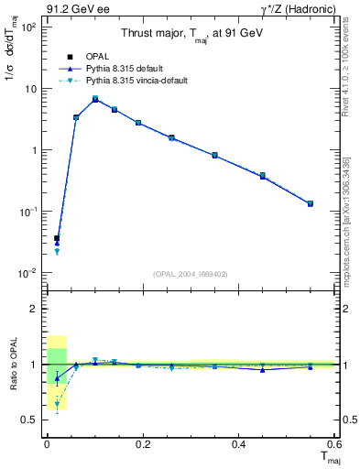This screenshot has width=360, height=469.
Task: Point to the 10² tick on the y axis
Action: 28,27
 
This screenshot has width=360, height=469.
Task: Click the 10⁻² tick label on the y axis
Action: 28,273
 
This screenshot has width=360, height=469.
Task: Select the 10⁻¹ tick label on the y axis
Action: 28,212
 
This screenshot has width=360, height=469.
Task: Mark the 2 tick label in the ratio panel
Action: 34,309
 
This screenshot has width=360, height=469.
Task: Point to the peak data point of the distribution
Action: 95,99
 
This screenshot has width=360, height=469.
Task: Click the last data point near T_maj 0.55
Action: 311,203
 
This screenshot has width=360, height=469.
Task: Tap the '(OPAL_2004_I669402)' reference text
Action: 190,273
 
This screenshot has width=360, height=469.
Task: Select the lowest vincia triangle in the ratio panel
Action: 57,404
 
